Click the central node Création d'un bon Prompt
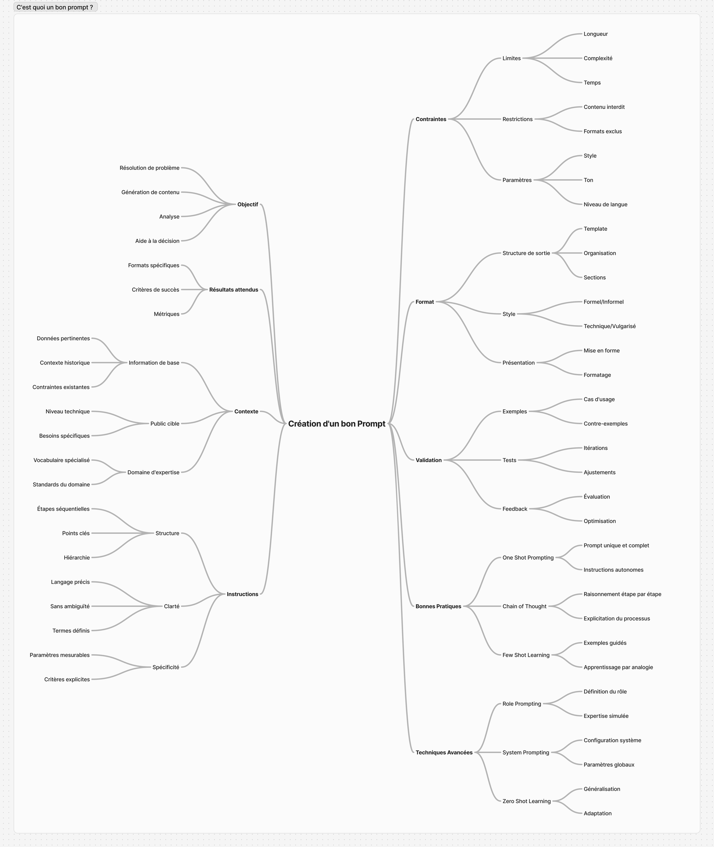point(336,423)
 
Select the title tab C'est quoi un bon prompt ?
point(55,7)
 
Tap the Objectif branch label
point(247,205)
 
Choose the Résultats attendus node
point(233,290)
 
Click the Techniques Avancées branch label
point(444,752)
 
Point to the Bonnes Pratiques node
point(438,606)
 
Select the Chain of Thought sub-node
point(524,606)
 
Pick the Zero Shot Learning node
point(526,801)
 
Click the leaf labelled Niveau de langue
point(605,205)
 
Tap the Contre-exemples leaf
point(605,423)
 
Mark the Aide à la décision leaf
point(157,241)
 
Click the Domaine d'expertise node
point(153,472)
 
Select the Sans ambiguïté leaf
point(70,606)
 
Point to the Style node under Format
point(509,314)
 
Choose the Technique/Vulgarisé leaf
point(609,326)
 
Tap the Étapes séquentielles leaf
point(63,509)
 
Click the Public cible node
point(165,423)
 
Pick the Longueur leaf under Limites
point(595,34)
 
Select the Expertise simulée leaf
point(605,716)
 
